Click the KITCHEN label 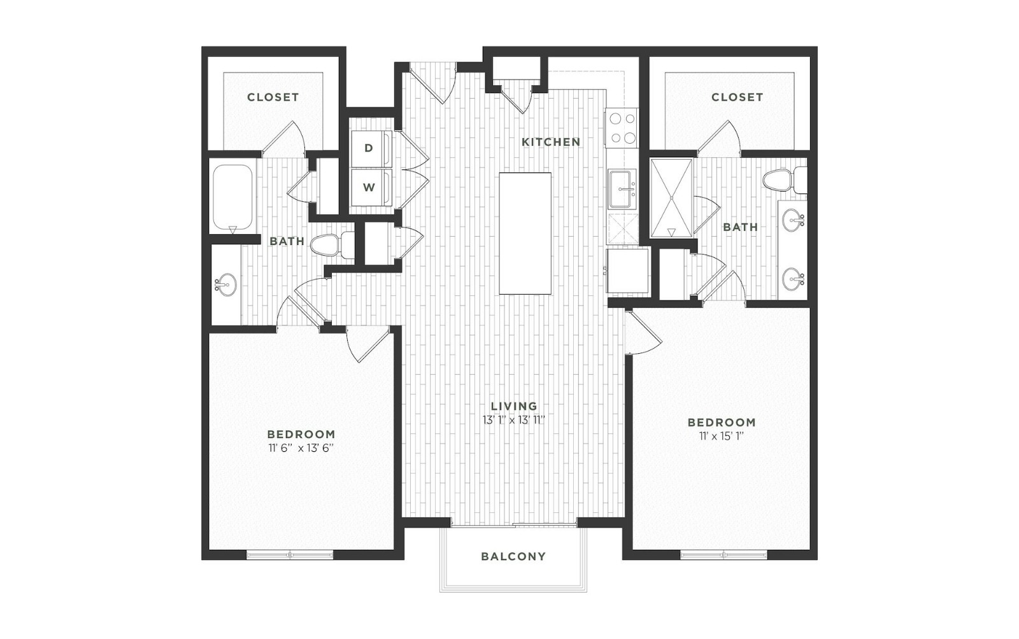[551, 143]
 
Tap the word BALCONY [513, 556]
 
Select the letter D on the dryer [369, 148]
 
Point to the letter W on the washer [369, 187]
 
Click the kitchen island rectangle [525, 234]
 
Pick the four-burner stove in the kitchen [622, 128]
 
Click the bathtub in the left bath [232, 198]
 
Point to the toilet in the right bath [785, 180]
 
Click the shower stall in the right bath [671, 198]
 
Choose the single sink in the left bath [225, 285]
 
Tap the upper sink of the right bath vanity [794, 220]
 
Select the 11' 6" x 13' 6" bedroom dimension [301, 448]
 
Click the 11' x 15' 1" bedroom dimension [722, 437]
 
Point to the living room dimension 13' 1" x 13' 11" [514, 420]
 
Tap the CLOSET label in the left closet [273, 97]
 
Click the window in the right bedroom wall [723, 555]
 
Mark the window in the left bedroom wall [290, 555]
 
